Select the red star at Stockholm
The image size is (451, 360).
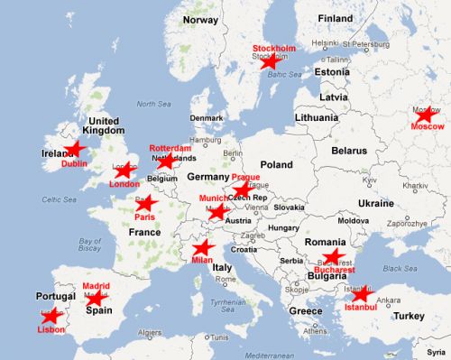(269, 60)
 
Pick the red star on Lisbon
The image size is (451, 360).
(51, 316)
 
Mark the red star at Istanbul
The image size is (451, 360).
(360, 294)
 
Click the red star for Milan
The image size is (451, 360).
(204, 248)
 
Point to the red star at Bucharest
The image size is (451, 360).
(332, 256)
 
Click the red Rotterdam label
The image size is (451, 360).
(170, 147)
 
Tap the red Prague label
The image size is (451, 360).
(245, 178)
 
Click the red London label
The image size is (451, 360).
(124, 184)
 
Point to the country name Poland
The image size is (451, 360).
(276, 165)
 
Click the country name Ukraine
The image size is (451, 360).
(375, 203)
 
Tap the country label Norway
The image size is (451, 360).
(200, 19)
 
